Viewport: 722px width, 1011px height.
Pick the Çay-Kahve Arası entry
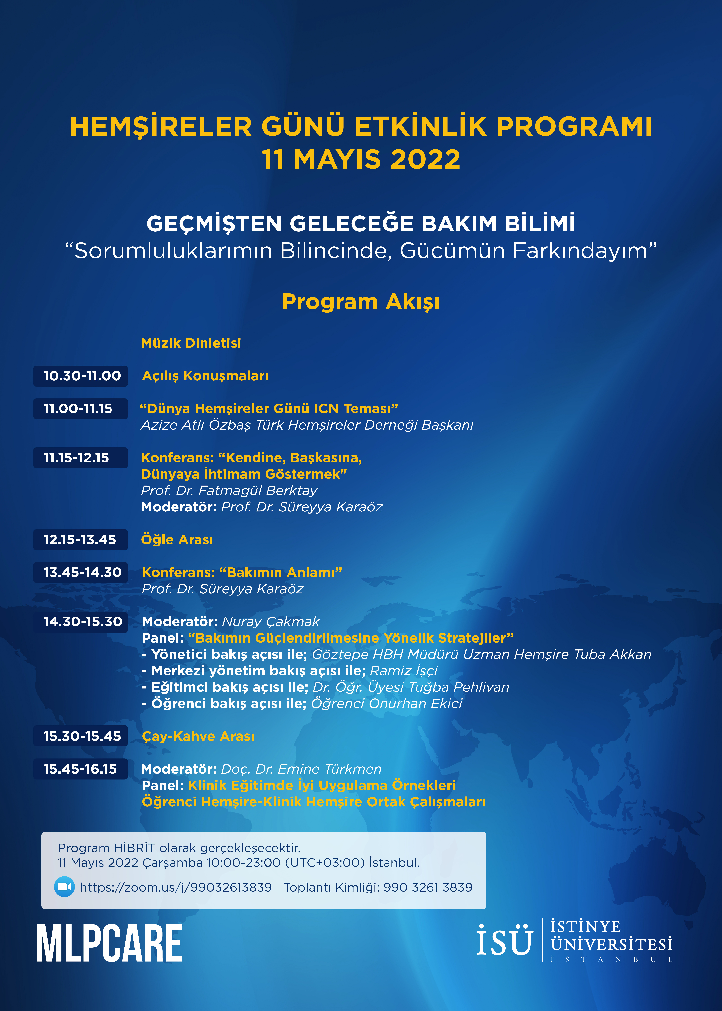coord(198,736)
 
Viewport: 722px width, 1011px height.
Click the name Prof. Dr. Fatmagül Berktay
coord(229,490)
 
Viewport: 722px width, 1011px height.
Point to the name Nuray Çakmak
coord(270,622)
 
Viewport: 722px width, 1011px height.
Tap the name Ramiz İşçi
coord(404,670)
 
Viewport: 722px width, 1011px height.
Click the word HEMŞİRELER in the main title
coord(161,127)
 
